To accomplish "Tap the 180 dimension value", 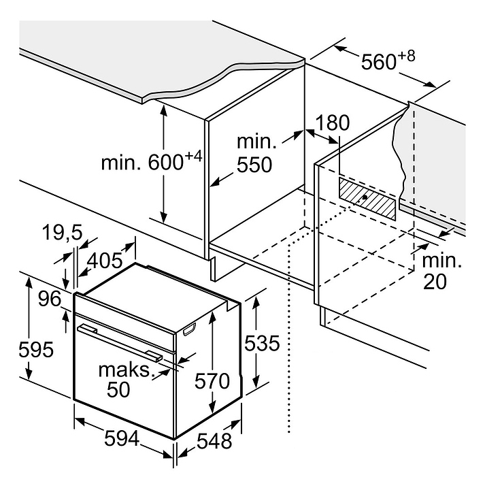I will coord(333,123).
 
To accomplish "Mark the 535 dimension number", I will coord(262,344).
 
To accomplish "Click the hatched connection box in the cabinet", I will coord(367,197).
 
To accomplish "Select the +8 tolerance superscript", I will coord(407,54).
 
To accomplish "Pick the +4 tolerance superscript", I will coord(193,157).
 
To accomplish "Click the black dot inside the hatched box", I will coord(366,197).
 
